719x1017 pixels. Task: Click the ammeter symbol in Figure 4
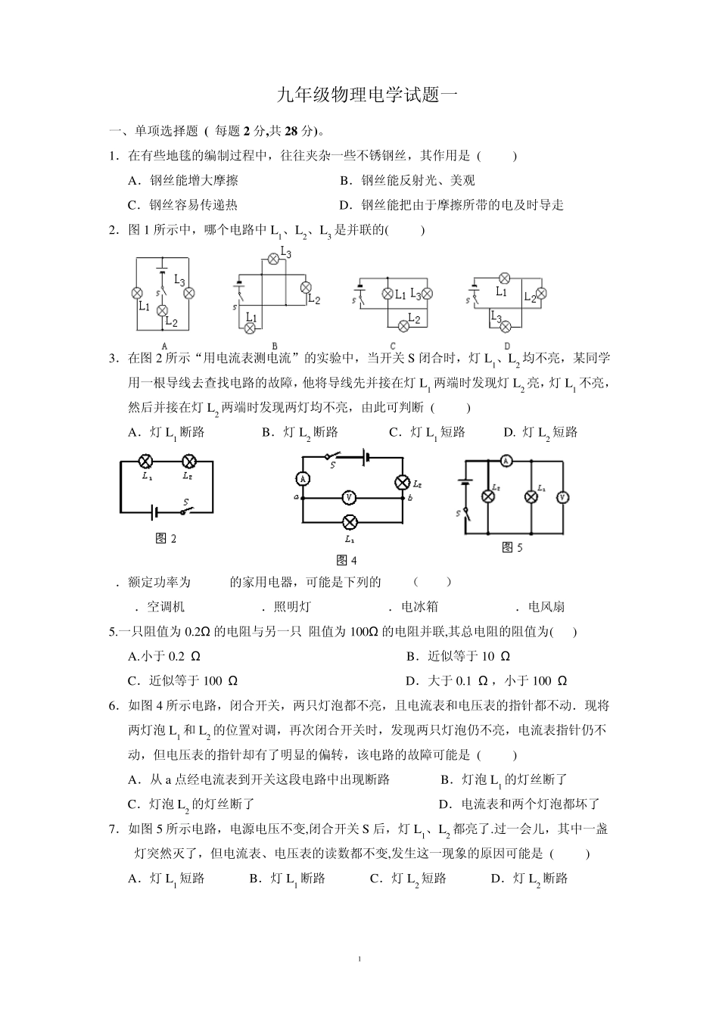(302, 477)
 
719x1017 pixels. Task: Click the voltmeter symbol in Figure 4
(349, 497)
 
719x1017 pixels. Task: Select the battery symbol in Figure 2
(155, 512)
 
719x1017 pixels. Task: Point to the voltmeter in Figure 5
(562, 497)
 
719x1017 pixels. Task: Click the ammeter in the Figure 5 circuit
(508, 460)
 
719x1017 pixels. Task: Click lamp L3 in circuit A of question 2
(190, 293)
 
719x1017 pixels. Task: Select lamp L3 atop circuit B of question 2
(274, 259)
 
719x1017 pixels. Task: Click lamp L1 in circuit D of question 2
(502, 278)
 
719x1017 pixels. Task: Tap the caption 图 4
(346, 561)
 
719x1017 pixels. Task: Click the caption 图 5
(512, 548)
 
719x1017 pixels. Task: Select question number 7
(114, 829)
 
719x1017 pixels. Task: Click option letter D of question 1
(344, 205)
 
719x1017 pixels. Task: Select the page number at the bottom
(359, 959)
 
